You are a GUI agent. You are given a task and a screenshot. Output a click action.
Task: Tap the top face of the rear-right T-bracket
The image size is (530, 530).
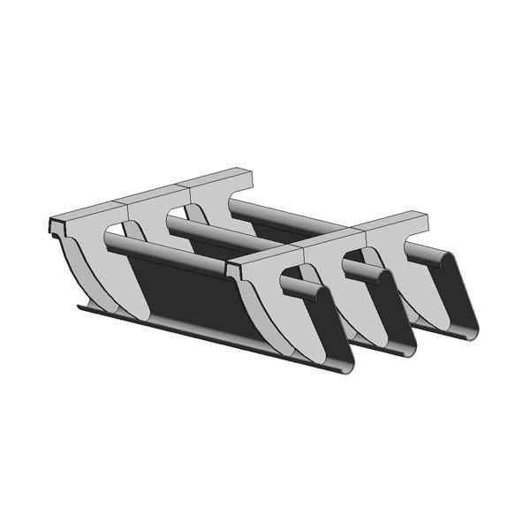pos(216,179)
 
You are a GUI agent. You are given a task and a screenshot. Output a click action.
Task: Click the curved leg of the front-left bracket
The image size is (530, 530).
pos(291,327)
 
